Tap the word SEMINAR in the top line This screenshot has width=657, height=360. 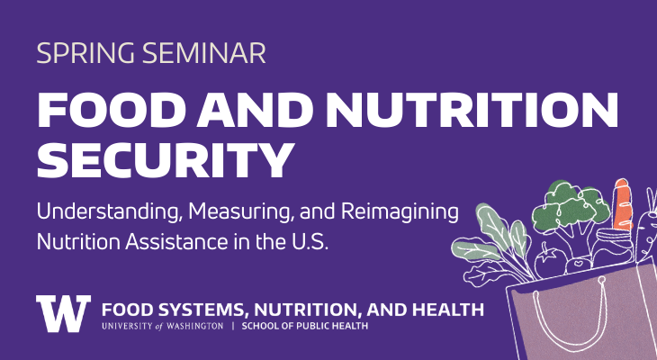pos(199,53)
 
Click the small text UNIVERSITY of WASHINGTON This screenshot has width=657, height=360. pos(162,326)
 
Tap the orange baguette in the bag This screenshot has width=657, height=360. pos(620,206)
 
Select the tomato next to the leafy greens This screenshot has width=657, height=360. pos(548,261)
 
